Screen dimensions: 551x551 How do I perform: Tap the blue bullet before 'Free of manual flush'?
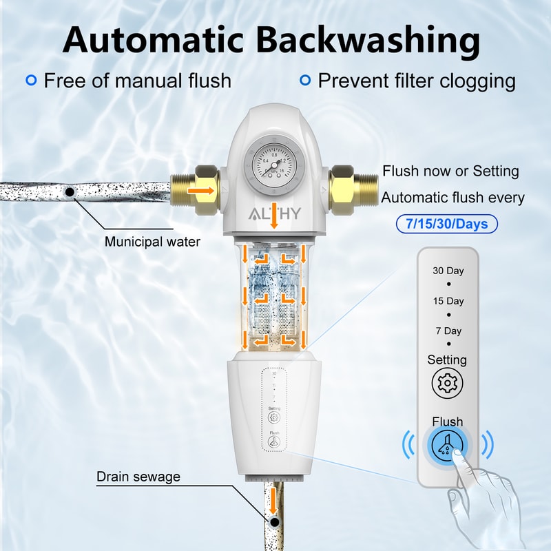(31, 81)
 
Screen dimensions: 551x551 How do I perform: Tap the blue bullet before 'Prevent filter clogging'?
(305, 81)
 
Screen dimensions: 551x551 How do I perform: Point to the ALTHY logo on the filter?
(273, 213)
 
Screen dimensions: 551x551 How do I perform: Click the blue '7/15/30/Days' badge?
(447, 224)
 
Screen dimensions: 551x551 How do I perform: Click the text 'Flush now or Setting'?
(450, 171)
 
